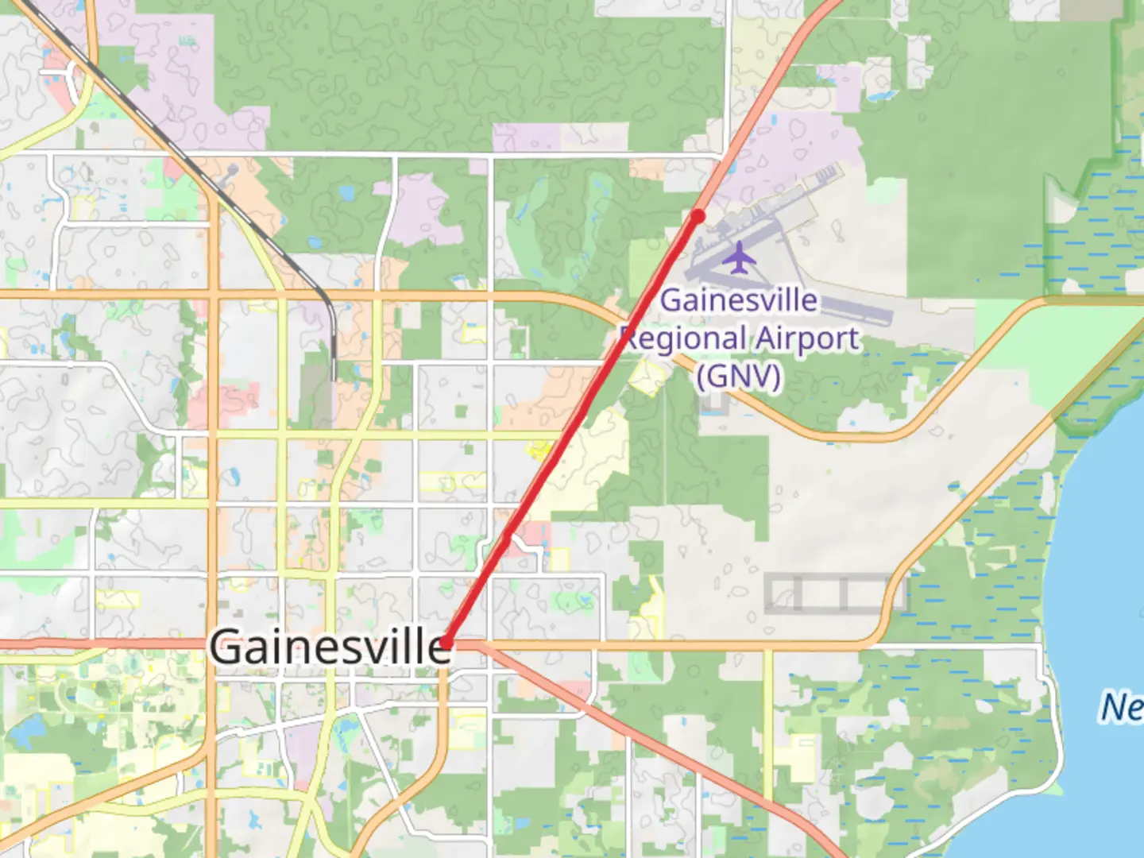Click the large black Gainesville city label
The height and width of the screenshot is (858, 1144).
[330, 646]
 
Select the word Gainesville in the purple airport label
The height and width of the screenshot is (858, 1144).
[739, 300]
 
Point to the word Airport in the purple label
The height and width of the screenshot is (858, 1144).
[807, 338]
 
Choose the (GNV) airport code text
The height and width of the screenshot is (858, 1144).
[739, 375]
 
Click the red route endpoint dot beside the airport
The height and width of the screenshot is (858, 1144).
[698, 216]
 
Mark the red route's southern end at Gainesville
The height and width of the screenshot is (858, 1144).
[446, 643]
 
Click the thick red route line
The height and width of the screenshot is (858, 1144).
[572, 429]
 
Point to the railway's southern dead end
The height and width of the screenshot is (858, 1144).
[334, 377]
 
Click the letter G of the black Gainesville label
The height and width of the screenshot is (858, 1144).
[226, 646]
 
